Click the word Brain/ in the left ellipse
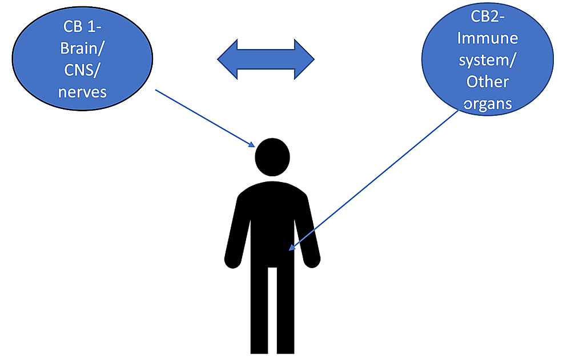tap(82, 48)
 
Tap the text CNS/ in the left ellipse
tap(82, 70)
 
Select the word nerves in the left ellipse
tap(82, 92)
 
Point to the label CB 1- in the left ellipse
tap(82, 27)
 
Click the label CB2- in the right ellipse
tap(487, 17)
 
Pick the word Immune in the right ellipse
tap(488, 38)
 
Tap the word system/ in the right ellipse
tap(487, 60)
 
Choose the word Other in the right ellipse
tap(487, 82)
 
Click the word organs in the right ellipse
tap(487, 104)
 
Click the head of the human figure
tap(272, 157)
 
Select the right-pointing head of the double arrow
tap(304, 59)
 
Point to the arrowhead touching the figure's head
tap(252, 144)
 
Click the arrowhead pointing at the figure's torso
tap(292, 247)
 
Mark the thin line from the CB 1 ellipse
tap(205, 119)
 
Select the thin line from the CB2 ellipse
tap(374, 180)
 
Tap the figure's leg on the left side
tap(259, 310)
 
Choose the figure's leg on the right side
tap(286, 310)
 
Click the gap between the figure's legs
tap(272, 310)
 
